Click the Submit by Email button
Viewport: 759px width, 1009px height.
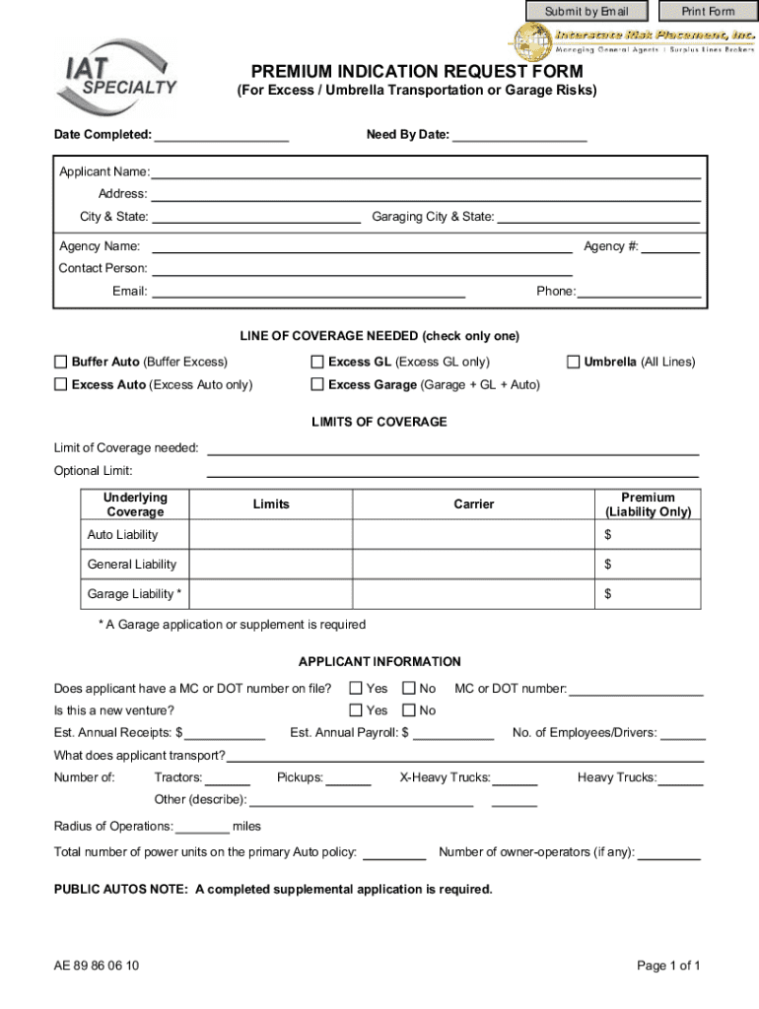pyautogui.click(x=587, y=11)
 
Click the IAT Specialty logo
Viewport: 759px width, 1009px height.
pyautogui.click(x=117, y=80)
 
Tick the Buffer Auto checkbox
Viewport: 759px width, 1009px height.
pyautogui.click(x=61, y=362)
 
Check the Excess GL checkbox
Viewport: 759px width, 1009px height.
pyautogui.click(x=317, y=362)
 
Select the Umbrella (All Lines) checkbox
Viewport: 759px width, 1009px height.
pyautogui.click(x=573, y=362)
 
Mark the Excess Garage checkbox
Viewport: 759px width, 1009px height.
pyautogui.click(x=317, y=384)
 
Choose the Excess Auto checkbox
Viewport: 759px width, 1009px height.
pyautogui.click(x=61, y=384)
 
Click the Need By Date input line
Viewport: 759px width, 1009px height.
pyautogui.click(x=518, y=135)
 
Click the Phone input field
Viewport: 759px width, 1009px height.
pyautogui.click(x=640, y=291)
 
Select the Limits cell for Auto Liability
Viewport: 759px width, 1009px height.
pyautogui.click(x=271, y=535)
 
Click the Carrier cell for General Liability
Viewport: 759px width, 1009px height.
pyautogui.click(x=473, y=565)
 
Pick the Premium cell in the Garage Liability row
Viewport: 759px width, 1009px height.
pyautogui.click(x=648, y=594)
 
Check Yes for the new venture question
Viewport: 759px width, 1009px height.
pyautogui.click(x=356, y=710)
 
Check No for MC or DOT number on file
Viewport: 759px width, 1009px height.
pyautogui.click(x=408, y=688)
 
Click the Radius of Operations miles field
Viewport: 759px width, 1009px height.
pyautogui.click(x=203, y=826)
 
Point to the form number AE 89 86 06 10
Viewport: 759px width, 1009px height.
pyautogui.click(x=97, y=966)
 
